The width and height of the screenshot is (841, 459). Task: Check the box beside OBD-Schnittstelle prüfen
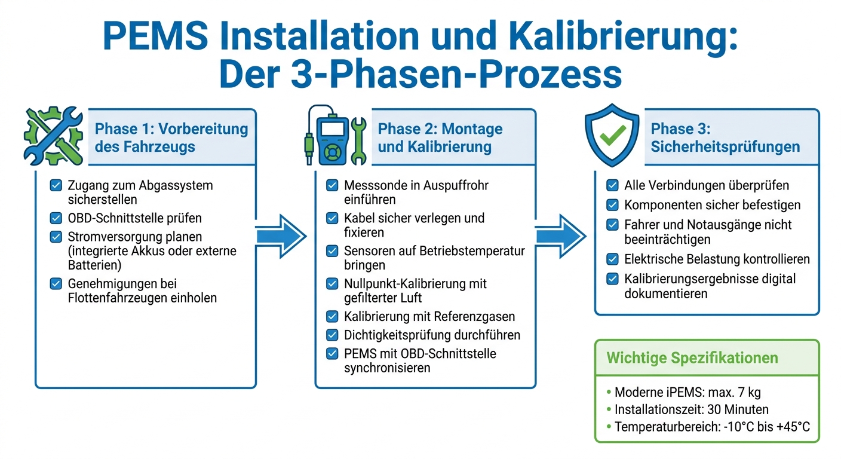click(x=56, y=218)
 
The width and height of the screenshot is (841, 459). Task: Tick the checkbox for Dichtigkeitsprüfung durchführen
click(x=332, y=335)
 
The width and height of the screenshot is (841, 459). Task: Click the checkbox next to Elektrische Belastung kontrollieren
click(x=612, y=259)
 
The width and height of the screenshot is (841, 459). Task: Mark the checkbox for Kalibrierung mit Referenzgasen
click(x=332, y=316)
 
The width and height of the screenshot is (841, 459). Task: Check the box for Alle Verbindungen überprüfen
click(x=612, y=185)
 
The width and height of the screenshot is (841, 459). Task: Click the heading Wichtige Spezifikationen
click(x=692, y=358)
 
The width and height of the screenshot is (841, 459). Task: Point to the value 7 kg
click(x=745, y=393)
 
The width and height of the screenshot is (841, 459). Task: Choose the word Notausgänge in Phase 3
click(x=733, y=224)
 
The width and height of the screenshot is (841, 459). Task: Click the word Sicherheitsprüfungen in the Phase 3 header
click(x=726, y=147)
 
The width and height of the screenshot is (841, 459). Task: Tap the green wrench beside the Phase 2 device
click(x=358, y=141)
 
